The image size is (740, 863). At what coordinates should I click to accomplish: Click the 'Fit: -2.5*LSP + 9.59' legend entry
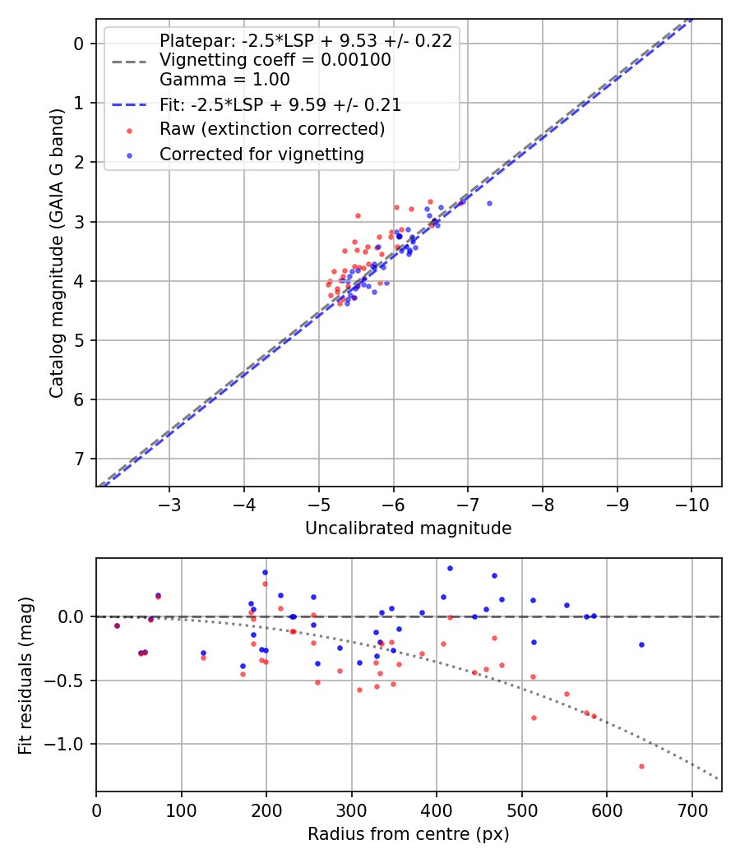280,105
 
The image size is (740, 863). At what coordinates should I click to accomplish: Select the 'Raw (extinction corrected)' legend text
272,129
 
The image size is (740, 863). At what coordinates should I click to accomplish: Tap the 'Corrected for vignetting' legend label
262,154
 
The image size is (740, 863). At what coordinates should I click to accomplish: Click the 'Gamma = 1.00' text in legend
224,80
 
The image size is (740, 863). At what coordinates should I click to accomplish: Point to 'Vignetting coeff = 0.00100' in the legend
275,60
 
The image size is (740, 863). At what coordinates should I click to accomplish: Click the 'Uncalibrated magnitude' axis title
409,528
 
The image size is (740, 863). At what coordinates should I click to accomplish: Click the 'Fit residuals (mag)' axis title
25,676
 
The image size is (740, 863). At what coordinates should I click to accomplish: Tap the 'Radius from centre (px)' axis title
409,834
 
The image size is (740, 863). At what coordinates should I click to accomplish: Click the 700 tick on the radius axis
691,809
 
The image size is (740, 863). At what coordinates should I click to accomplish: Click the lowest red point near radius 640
641,766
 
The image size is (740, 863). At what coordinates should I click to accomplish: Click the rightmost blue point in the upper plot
489,203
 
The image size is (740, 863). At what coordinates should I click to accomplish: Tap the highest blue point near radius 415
450,568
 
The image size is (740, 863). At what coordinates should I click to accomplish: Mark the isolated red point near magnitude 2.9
358,215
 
